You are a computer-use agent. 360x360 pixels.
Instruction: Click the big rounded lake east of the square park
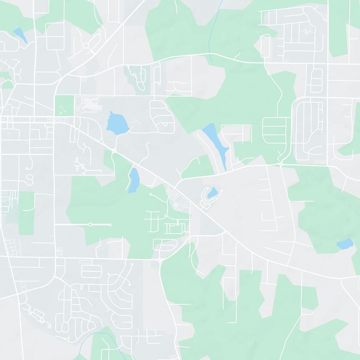coord(116,123)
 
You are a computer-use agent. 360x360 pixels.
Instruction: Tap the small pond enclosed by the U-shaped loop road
coord(212,193)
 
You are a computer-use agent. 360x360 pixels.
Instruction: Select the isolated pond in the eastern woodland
coord(345,244)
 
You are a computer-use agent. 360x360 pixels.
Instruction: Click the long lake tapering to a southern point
coord(215,139)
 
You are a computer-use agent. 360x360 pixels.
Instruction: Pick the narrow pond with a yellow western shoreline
coord(134,180)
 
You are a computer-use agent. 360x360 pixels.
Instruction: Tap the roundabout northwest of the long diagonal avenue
coord(85,45)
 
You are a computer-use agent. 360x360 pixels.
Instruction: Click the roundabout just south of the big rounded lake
coord(114,150)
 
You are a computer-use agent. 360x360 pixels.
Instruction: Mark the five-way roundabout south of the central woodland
coord(160,260)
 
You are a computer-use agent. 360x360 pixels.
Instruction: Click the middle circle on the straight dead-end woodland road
coord(90,224)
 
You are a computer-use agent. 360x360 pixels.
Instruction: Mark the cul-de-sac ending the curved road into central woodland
coord(150,194)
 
